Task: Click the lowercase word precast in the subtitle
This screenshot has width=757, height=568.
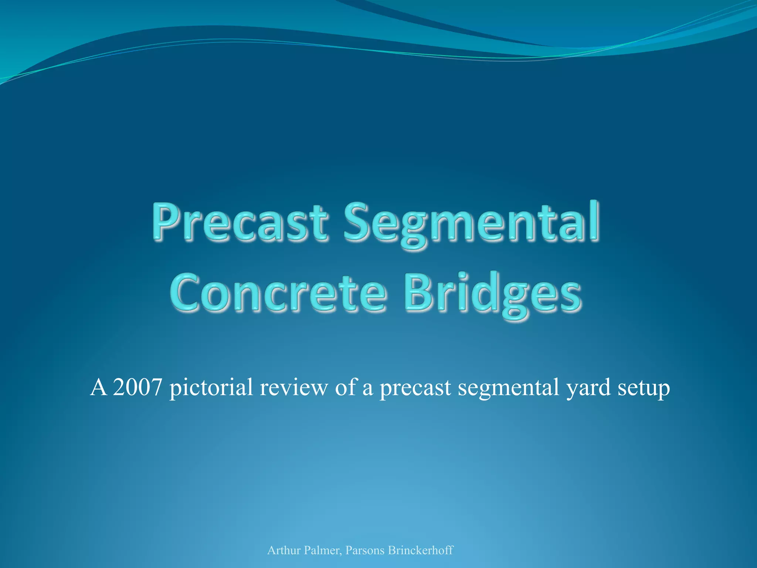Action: [415, 388]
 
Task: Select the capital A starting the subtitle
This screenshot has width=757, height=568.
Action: [98, 387]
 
